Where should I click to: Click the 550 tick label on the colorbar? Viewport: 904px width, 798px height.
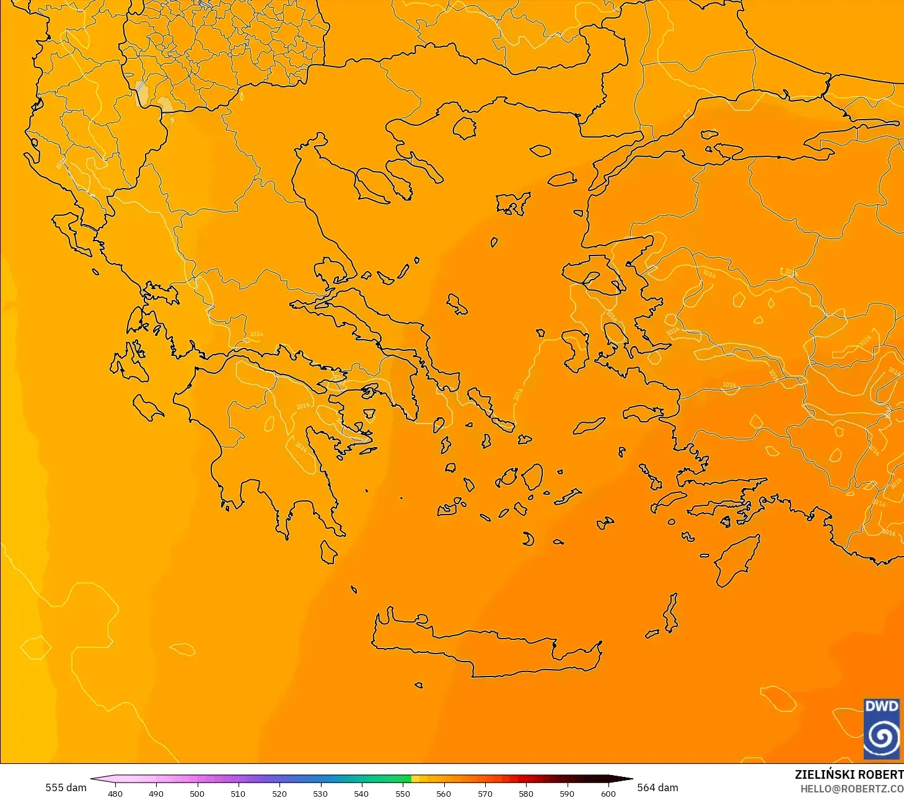tap(403, 793)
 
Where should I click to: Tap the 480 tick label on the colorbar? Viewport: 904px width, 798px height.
tap(115, 793)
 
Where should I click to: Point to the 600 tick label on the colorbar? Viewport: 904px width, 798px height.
tap(608, 793)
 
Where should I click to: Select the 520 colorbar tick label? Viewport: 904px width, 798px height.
tap(279, 793)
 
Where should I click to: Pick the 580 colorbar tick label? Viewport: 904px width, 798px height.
tap(526, 793)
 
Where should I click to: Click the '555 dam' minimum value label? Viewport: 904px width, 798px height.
tap(66, 787)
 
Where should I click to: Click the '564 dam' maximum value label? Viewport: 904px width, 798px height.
tap(657, 787)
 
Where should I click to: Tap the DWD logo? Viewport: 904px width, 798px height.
tap(882, 729)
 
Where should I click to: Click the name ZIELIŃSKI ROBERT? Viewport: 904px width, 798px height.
tap(849, 774)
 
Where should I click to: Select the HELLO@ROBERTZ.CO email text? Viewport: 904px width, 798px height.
tap(851, 789)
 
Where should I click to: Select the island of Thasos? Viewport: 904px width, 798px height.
tap(464, 128)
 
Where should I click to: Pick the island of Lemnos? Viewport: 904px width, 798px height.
tap(512, 203)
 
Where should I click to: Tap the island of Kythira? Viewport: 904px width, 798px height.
tap(328, 551)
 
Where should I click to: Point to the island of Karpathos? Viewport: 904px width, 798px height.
tap(670, 613)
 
